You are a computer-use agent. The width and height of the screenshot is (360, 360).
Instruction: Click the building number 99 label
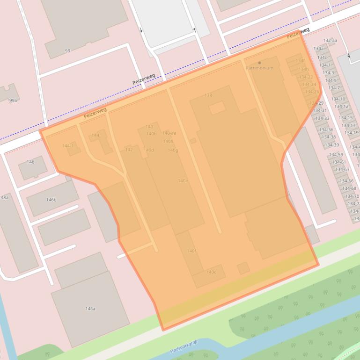[x=67, y=50]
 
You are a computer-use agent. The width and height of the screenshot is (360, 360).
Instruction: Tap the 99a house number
[x=13, y=101]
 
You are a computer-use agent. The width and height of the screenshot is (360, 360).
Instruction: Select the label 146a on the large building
[x=90, y=309]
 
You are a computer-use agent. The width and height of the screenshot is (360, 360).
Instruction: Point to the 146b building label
[x=51, y=200]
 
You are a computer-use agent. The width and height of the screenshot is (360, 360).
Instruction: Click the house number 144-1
[x=68, y=146]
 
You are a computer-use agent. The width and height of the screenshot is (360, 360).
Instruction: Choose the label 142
[x=129, y=150]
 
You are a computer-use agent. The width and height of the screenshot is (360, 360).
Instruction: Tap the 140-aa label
[x=169, y=133]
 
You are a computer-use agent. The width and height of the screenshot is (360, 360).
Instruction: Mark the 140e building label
[x=183, y=181]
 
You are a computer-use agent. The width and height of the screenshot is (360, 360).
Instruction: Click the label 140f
[x=191, y=251]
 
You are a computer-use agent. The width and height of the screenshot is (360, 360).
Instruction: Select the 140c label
[x=211, y=272]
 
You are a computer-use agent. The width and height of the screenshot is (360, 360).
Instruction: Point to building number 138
[x=208, y=95]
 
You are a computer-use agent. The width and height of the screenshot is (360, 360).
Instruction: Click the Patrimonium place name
[x=259, y=68]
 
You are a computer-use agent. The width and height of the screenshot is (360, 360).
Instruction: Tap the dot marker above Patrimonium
[x=259, y=62]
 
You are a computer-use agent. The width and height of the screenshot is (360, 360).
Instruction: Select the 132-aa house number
[x=330, y=41]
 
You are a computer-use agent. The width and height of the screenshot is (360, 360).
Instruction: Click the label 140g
[x=173, y=150]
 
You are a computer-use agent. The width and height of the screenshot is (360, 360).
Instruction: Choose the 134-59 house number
[x=336, y=155]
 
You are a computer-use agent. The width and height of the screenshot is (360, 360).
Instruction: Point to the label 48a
[x=4, y=197]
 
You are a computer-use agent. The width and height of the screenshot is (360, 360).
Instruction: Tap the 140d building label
[x=149, y=150]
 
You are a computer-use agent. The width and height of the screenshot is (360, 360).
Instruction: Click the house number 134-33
[x=322, y=118]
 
